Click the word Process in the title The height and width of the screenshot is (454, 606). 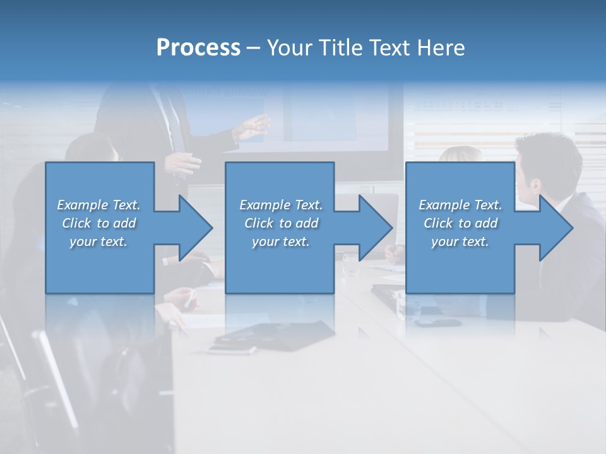pos(198,48)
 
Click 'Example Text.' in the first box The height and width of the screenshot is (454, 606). pos(98,205)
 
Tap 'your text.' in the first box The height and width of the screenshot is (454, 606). pos(98,242)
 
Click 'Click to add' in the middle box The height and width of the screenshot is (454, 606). pos(281,223)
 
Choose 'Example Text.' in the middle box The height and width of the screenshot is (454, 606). pos(281,205)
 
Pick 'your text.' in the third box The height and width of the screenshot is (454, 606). pos(460,242)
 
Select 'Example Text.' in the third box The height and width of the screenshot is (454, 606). pos(460,205)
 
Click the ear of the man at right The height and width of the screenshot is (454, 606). pos(535,186)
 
